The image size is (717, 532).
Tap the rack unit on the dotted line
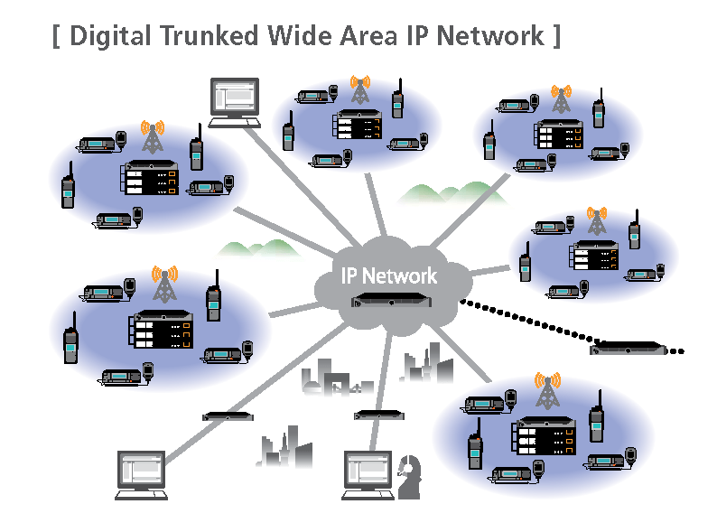point(627,349)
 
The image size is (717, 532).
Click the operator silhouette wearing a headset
point(411,475)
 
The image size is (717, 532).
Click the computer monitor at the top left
point(234,100)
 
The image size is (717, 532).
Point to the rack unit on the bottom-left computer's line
point(228,415)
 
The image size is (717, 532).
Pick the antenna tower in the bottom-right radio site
point(546,389)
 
